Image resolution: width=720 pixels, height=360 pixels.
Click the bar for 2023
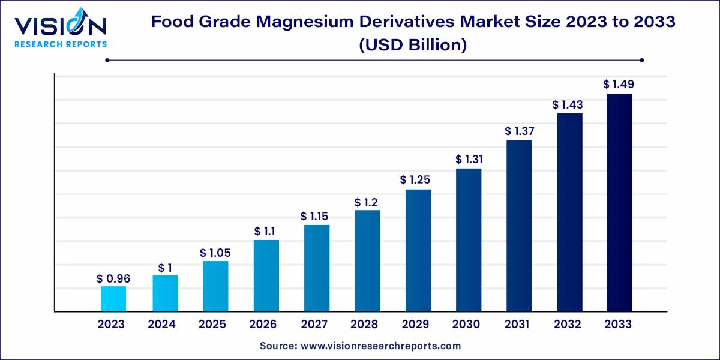click(113, 299)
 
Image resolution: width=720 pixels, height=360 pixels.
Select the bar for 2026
click(266, 275)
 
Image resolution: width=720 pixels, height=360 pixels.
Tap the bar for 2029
click(418, 250)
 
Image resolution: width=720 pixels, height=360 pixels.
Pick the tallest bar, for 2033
click(619, 202)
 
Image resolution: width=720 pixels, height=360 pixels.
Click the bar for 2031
click(519, 226)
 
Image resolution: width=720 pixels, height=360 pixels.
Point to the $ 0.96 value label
click(113, 279)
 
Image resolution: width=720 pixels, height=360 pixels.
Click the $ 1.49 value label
click(619, 85)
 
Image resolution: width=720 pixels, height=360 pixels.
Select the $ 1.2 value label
click(367, 202)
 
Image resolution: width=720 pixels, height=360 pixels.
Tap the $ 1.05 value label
click(215, 253)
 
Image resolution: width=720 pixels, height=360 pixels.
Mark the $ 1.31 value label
click(469, 160)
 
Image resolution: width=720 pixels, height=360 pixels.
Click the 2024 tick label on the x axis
click(162, 325)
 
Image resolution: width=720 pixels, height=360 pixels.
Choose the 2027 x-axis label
click(314, 325)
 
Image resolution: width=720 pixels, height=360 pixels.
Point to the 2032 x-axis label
click(568, 325)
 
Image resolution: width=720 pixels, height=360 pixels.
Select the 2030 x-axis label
click(466, 325)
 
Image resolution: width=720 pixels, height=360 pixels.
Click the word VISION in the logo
click(60, 26)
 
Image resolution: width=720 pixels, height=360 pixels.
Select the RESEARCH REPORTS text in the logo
click(60, 44)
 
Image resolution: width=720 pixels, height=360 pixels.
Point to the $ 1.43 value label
click(568, 104)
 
